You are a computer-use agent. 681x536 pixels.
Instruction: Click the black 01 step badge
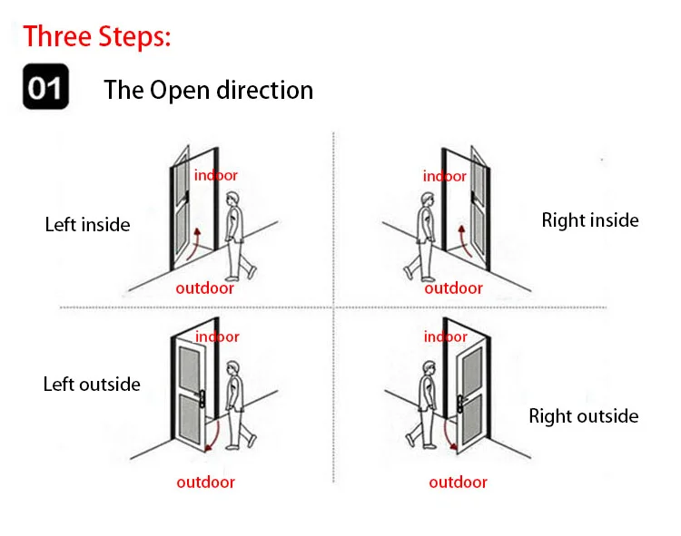[44, 89]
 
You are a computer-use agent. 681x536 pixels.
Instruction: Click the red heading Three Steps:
[97, 37]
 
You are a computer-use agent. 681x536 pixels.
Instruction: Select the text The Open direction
[208, 90]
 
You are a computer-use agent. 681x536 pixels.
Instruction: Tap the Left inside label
[87, 224]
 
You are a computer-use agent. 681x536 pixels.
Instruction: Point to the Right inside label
[590, 219]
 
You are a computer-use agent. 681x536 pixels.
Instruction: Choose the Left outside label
[92, 384]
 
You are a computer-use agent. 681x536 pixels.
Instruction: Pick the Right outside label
[584, 416]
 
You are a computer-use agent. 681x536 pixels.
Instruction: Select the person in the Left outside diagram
[238, 404]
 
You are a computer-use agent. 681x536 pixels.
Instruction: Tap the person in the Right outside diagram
[425, 404]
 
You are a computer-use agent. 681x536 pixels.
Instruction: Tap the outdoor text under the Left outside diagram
[205, 482]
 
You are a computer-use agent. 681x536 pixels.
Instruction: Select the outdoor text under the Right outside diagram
[459, 482]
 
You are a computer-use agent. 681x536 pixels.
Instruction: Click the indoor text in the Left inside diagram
[216, 175]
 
